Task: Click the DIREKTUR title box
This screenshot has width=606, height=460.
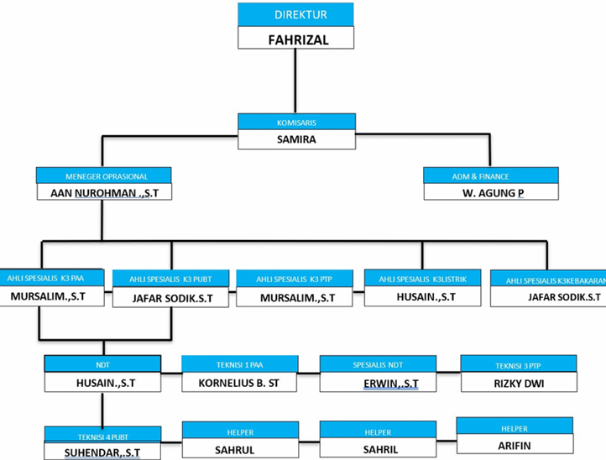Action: (295, 15)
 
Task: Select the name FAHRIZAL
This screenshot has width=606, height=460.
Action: (295, 38)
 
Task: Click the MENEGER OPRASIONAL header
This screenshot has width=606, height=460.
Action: (104, 176)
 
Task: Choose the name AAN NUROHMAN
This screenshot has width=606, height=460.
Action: (104, 193)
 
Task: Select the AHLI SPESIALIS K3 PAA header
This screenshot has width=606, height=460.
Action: (53, 277)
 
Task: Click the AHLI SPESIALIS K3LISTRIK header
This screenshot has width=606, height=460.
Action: (422, 278)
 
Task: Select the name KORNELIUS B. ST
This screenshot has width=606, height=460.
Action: (239, 384)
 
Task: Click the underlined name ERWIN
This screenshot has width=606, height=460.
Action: (378, 384)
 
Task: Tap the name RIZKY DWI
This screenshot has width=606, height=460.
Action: (519, 383)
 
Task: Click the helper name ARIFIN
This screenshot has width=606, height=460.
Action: (515, 445)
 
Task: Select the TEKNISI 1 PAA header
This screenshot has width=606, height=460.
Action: (239, 363)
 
